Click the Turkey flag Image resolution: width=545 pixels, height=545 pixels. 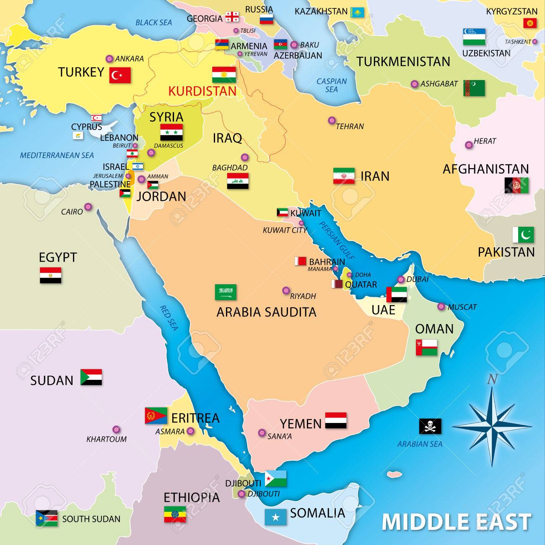click(x=120, y=75)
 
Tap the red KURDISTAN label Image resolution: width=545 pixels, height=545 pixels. click(x=202, y=91)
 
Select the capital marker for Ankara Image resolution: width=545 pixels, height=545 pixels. click(x=109, y=59)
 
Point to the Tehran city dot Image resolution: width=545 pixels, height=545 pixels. click(x=332, y=120)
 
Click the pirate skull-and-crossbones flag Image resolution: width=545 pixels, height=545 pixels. click(x=430, y=426)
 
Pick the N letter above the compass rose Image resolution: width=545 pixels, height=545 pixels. click(x=492, y=380)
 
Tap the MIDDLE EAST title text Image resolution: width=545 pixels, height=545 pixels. click(x=456, y=522)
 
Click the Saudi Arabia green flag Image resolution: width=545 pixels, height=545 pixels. click(x=226, y=292)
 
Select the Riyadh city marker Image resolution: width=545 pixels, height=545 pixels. click(x=286, y=290)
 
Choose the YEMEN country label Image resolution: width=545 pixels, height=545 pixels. click(x=301, y=423)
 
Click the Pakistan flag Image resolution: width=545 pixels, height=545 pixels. click(x=523, y=235)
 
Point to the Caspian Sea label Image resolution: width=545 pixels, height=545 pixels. click(x=332, y=85)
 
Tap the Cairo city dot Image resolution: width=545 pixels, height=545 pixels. click(x=88, y=207)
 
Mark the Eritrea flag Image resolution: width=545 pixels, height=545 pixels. click(x=156, y=415)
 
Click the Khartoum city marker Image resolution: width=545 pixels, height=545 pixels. click(x=116, y=430)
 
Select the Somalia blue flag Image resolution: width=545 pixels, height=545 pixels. click(x=275, y=517)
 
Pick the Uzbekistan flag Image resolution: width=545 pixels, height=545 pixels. click(x=474, y=37)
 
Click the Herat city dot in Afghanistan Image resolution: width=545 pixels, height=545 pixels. click(x=469, y=145)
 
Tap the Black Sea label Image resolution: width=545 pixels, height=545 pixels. click(x=153, y=22)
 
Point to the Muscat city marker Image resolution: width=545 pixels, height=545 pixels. click(x=441, y=306)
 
